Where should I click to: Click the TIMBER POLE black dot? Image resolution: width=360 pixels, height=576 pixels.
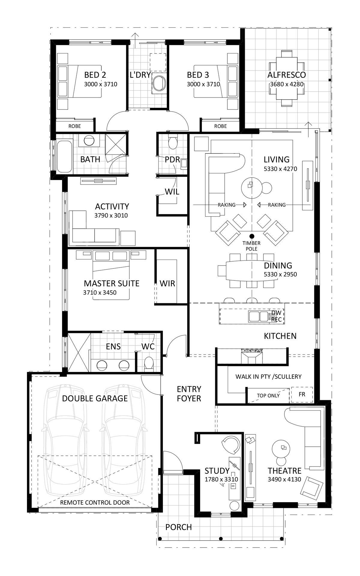(x=252, y=236)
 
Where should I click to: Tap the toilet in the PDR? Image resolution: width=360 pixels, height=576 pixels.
(x=173, y=142)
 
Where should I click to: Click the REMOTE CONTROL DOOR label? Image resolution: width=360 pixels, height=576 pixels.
(x=95, y=502)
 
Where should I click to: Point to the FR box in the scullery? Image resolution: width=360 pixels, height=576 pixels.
(x=302, y=394)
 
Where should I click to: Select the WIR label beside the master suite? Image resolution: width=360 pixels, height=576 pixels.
(x=167, y=283)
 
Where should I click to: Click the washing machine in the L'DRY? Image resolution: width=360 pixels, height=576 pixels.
(x=158, y=83)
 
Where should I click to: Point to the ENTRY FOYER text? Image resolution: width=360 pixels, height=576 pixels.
(x=189, y=394)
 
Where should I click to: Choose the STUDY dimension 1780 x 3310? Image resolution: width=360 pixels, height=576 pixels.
(x=221, y=479)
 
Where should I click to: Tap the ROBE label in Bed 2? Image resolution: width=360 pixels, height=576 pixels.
(x=74, y=126)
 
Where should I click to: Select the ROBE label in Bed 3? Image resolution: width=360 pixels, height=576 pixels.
(x=220, y=126)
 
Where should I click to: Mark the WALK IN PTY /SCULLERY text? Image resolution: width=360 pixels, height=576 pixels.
(x=268, y=376)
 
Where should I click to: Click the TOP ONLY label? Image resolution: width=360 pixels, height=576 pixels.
(x=268, y=395)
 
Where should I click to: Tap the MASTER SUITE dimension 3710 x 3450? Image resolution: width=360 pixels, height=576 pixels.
(x=100, y=292)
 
